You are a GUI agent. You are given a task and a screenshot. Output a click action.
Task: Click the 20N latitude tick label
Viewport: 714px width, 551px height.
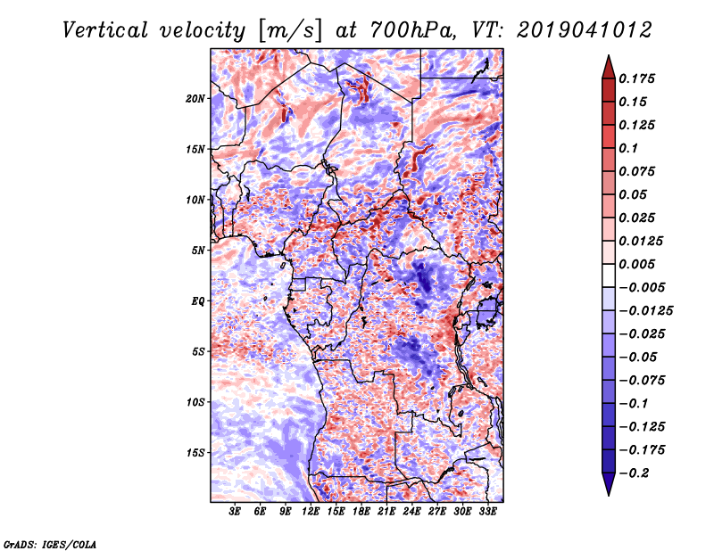pos(195,98)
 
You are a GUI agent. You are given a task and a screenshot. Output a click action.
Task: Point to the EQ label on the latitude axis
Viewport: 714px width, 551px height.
pos(198,300)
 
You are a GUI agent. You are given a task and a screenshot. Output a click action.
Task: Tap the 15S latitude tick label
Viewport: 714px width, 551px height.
pos(195,452)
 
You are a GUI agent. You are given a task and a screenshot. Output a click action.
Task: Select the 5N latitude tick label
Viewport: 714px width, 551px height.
pos(198,250)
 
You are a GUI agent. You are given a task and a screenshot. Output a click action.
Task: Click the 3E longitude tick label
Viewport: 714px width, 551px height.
pos(236,512)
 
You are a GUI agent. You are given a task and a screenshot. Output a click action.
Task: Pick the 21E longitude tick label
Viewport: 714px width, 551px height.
pos(386,512)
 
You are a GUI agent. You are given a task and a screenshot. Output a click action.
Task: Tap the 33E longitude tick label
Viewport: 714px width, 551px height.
pos(487,512)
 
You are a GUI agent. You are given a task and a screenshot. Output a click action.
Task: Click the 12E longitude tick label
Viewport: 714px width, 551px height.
pos(311,512)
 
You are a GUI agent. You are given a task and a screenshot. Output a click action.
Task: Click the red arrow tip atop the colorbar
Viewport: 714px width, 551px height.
pos(608,61)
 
